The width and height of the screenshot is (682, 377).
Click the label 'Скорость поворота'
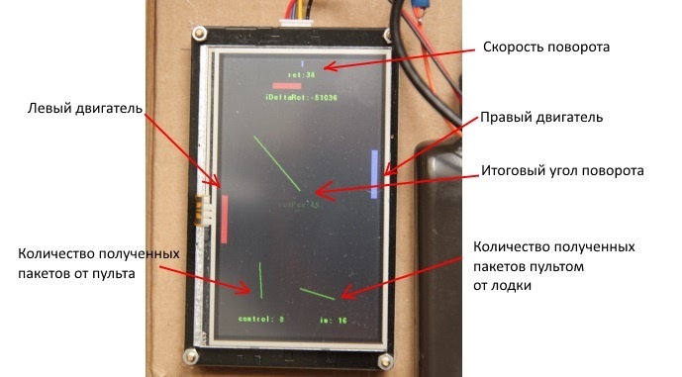click(545, 47)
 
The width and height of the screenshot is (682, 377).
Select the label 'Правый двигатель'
click(541, 117)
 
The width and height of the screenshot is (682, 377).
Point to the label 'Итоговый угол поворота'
click(562, 170)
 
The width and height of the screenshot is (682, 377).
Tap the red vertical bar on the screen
click(226, 218)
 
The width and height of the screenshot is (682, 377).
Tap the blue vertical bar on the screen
click(374, 174)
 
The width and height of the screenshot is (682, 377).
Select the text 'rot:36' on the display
click(301, 74)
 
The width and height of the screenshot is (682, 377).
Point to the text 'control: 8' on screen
click(261, 319)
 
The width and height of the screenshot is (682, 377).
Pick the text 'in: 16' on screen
click(333, 320)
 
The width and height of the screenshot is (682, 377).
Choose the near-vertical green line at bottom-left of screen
click(259, 279)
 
